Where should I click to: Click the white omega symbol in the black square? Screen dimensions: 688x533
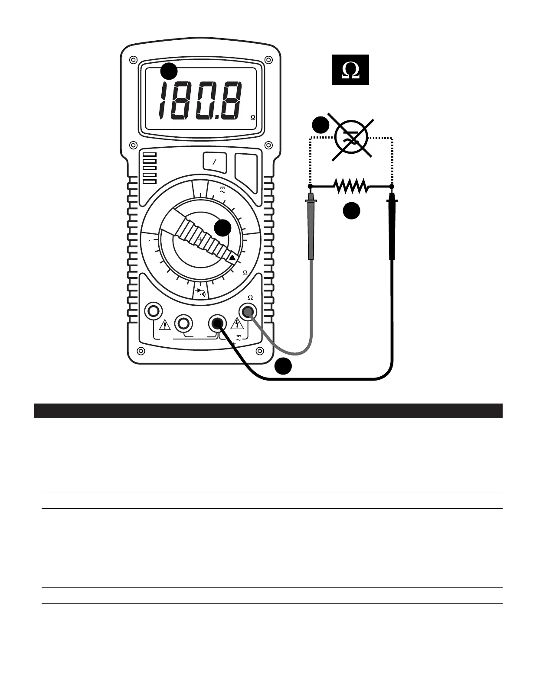tap(350, 70)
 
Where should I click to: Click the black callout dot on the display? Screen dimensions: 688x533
tap(169, 71)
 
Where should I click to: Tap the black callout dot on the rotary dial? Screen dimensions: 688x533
tap(223, 228)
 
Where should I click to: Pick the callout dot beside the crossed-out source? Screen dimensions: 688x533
tap(320, 125)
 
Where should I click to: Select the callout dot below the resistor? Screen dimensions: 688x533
tap(352, 211)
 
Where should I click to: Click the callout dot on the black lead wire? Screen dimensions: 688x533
tap(282, 366)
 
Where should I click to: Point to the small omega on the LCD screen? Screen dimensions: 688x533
tap(253, 118)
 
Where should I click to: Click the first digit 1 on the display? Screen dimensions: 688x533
tap(163, 102)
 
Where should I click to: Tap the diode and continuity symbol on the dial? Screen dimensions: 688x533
tap(200, 291)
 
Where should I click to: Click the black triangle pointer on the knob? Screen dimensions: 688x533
tap(232, 258)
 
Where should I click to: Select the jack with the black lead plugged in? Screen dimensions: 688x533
tap(217, 323)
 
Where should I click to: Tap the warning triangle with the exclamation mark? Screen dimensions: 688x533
tap(165, 325)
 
